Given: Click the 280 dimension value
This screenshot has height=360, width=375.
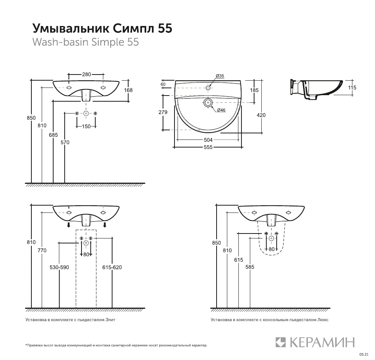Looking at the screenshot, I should point(86,74).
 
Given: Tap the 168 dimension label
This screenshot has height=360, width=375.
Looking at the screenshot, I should point(128,90).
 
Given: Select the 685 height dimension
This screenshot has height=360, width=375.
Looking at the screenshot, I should point(53,135).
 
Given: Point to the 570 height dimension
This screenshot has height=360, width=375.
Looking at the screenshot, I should point(65,143).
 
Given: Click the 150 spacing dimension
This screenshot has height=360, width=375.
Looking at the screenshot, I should point(86,126).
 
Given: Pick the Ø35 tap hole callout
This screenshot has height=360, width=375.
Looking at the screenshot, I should point(220,76).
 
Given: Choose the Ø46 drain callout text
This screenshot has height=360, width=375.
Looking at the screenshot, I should point(221,110).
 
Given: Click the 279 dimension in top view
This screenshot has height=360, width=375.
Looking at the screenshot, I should point(163,112).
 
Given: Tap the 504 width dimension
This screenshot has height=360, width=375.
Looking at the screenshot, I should point(208,140).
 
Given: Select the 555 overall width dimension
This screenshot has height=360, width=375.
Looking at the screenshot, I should point(208,147).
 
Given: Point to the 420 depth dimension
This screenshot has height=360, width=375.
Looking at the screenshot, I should point(261,115).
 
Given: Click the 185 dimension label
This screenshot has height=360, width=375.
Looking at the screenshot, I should point(254,90).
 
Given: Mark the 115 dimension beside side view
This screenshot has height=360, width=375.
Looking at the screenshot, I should point(352,88).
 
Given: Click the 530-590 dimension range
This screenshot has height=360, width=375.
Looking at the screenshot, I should point(59,268).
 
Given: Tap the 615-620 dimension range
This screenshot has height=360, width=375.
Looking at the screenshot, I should point(112,268).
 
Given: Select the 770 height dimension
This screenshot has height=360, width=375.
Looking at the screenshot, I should point(42,250).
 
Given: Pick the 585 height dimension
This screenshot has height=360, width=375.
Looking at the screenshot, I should point(249,267).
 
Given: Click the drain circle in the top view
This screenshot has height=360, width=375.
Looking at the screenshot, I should point(208,102).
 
